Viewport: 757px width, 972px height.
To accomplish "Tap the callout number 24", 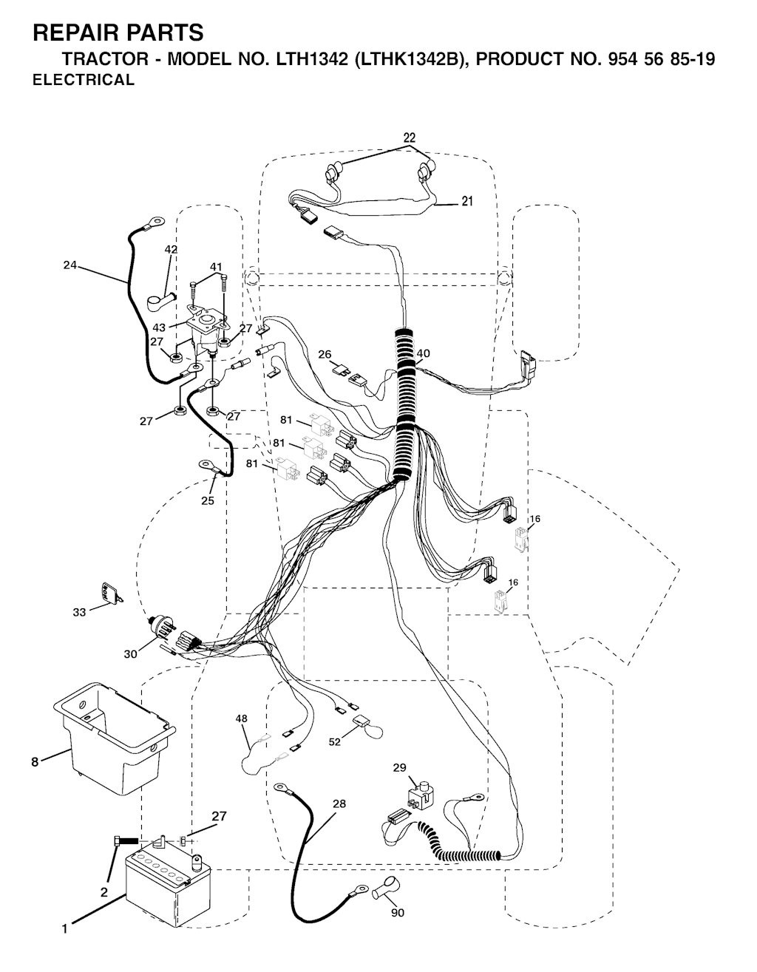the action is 70,265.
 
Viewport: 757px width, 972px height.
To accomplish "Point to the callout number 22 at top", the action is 409,137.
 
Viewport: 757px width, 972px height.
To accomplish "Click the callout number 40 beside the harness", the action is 423,353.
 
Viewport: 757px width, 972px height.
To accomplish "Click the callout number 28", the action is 339,803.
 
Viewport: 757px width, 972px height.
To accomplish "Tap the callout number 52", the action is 334,741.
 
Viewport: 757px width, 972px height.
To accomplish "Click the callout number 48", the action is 241,718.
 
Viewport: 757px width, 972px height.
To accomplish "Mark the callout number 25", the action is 208,500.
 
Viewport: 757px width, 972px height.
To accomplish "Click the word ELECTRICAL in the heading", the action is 84,80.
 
